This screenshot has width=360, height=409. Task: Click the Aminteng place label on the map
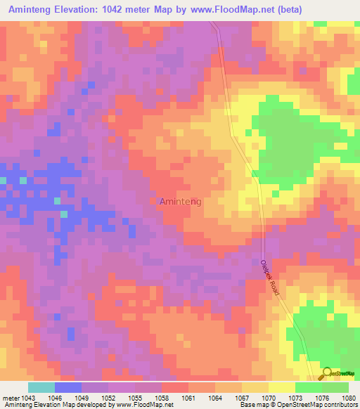coord(181,202)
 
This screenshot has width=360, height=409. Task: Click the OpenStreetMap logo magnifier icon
coord(327,373)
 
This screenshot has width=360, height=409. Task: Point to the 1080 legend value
coord(349,397)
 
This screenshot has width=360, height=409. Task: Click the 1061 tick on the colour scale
coord(188,397)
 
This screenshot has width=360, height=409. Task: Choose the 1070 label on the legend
coord(269,397)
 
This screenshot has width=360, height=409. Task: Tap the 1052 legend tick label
coord(109,397)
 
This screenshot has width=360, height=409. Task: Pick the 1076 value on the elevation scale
coord(323,397)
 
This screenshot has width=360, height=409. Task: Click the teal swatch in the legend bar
coord(41,387)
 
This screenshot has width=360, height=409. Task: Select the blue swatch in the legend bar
coord(68,387)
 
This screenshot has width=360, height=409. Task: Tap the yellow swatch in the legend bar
coord(282,387)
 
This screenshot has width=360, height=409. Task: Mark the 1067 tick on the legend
coord(242,397)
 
